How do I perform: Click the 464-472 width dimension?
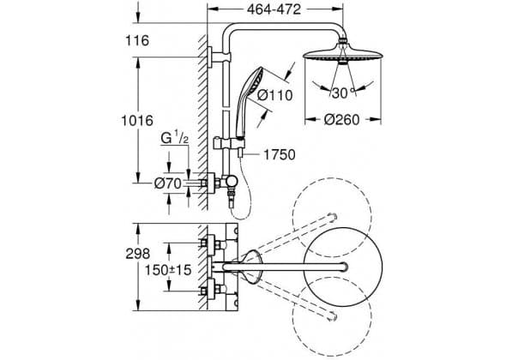[x=274, y=9]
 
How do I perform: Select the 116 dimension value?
[x=137, y=40]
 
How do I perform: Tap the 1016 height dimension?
[x=137, y=121]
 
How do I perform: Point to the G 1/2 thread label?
[x=174, y=138]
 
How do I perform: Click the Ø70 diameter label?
[x=167, y=183]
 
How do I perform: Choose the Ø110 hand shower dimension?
[x=275, y=95]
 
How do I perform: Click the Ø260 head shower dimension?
[x=341, y=120]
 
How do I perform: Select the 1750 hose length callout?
[x=280, y=155]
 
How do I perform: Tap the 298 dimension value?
[x=138, y=254]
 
